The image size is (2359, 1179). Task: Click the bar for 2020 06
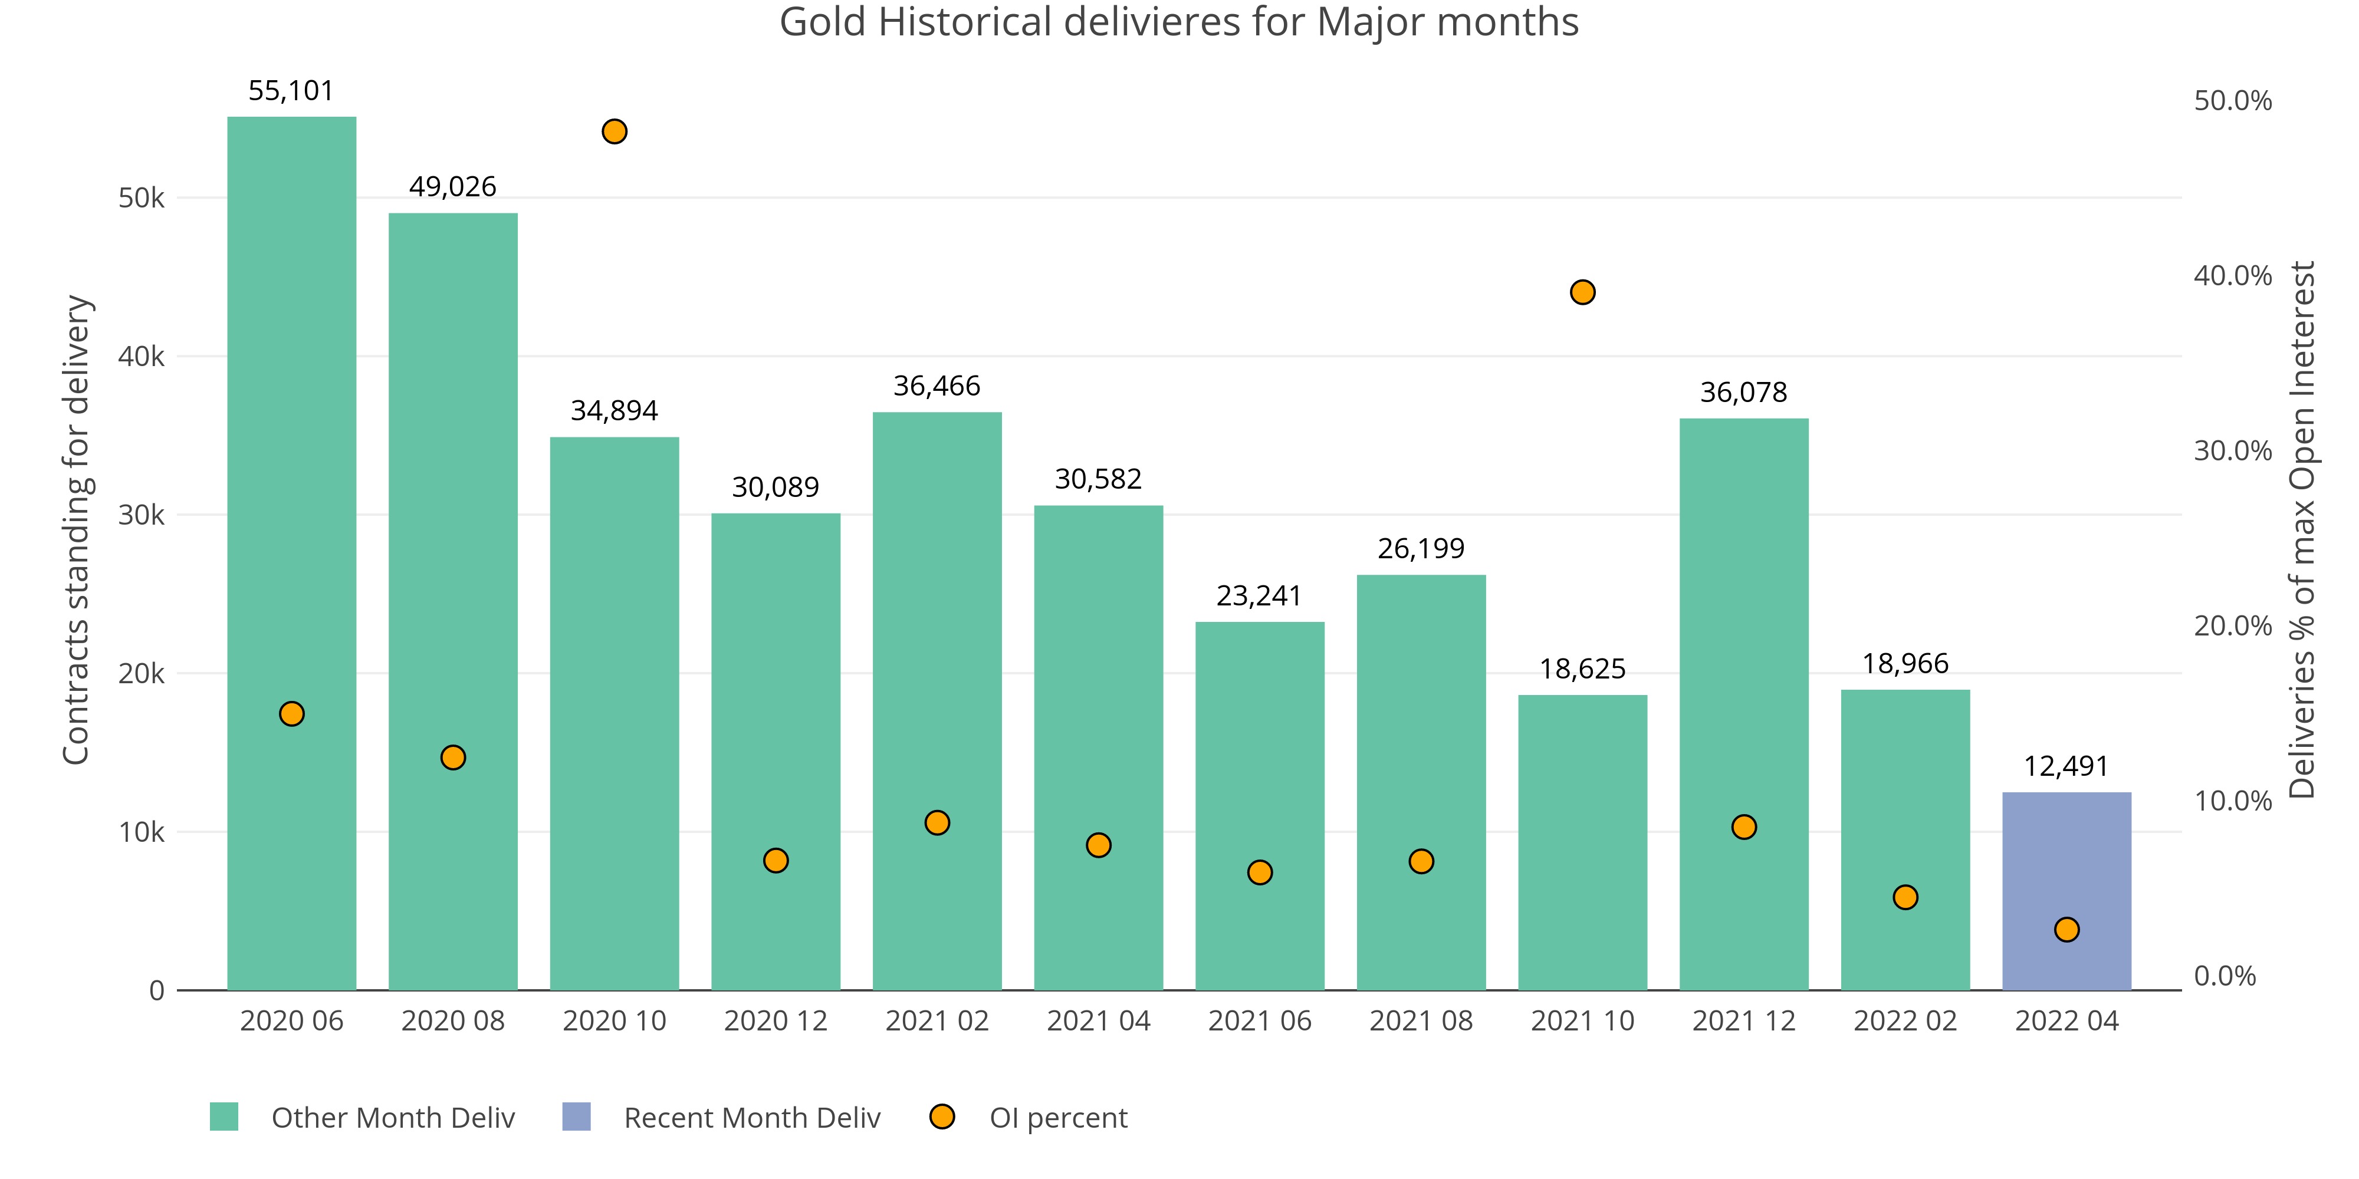[x=291, y=457]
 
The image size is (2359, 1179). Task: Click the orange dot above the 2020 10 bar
[x=615, y=132]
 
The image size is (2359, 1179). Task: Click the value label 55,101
[x=291, y=91]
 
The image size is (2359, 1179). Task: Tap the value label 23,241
[x=1259, y=596]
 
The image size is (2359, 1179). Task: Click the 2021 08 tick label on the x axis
[x=1420, y=1020]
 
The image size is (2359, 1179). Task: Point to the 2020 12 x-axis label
[x=775, y=1020]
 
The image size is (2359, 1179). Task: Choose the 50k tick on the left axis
[x=141, y=197]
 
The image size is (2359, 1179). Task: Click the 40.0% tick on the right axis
[x=2233, y=275]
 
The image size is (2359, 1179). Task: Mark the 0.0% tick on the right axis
[x=2225, y=976]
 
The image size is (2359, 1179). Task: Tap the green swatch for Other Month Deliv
[x=224, y=1117]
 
